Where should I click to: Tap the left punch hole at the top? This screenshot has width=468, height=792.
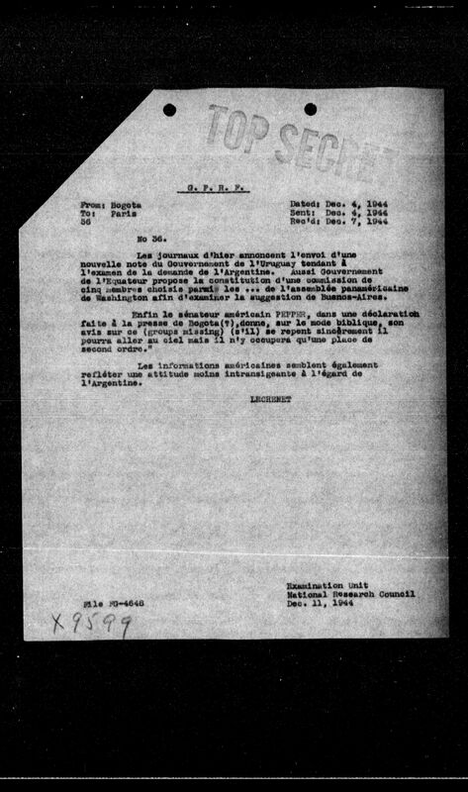click(x=169, y=109)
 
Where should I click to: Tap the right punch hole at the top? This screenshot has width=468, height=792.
click(x=310, y=109)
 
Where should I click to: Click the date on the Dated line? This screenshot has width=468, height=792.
click(x=338, y=203)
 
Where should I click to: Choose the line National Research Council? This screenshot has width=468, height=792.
click(x=348, y=594)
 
